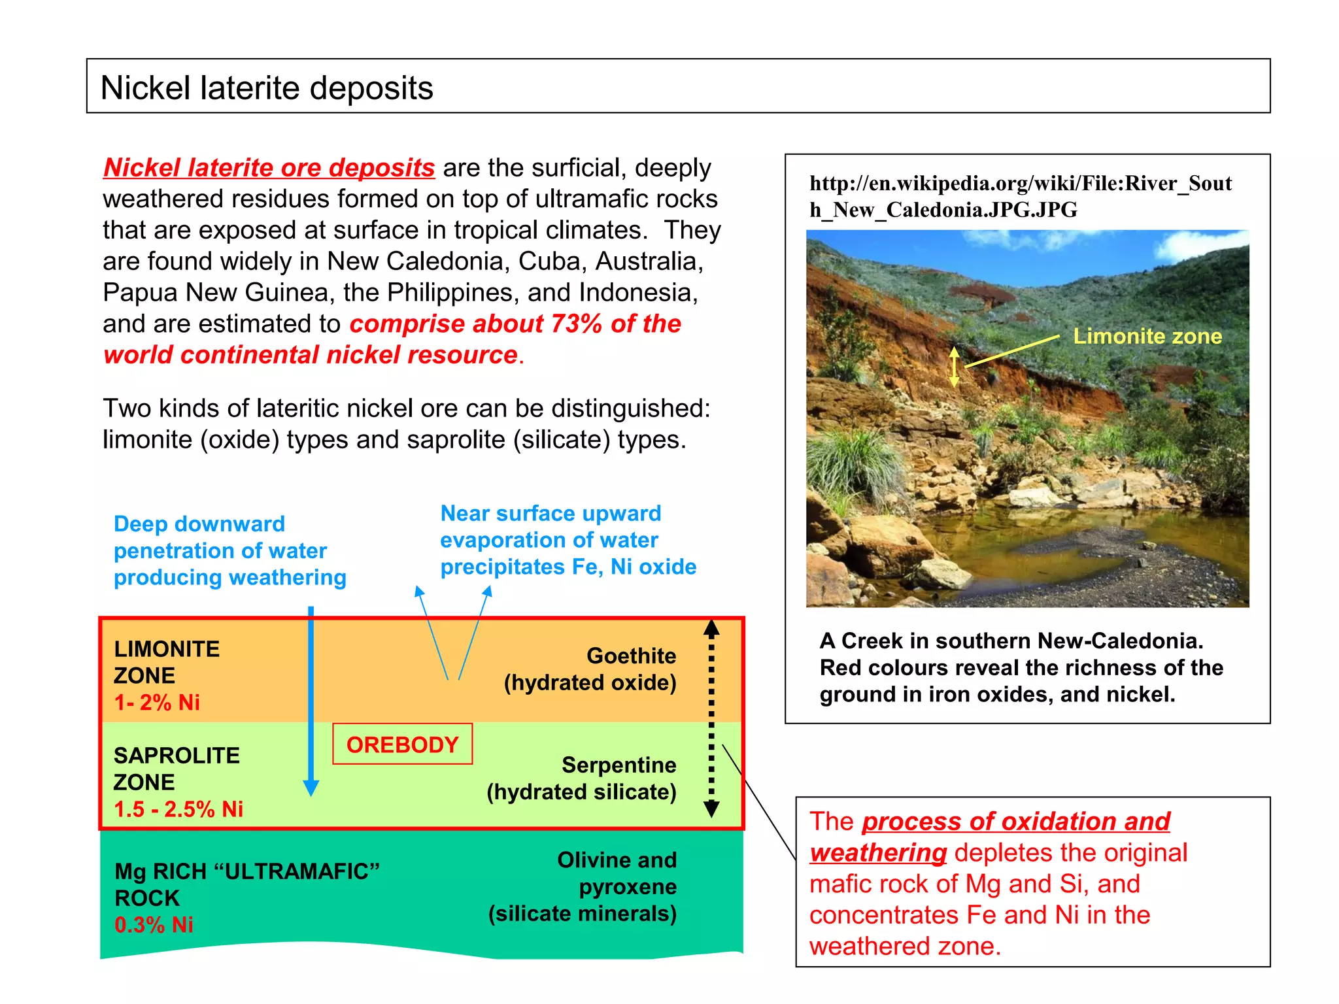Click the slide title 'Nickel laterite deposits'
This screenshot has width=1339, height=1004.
pos(267,88)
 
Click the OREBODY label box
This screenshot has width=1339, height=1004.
pos(402,745)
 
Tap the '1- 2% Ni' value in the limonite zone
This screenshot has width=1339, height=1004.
pos(157,703)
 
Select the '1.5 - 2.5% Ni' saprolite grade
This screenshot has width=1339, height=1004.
pos(178,809)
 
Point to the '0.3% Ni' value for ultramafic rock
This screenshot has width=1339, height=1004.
pos(154,925)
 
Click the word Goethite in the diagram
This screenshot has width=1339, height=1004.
pos(631,656)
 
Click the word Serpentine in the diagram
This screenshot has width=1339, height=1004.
pos(619,765)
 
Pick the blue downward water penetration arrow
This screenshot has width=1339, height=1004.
pos(311,699)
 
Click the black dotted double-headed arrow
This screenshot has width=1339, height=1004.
pos(711,719)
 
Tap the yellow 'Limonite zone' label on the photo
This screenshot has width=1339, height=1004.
pos(1147,336)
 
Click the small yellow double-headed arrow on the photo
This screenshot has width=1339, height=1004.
pos(955,367)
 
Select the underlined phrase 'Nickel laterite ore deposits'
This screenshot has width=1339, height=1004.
pos(269,168)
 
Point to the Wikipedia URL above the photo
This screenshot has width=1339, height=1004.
pos(1020,196)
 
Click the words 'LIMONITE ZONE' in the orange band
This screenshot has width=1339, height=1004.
pos(167,662)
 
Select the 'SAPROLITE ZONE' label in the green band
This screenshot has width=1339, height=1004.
pos(177,769)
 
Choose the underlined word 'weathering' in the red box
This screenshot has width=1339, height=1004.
pos(878,853)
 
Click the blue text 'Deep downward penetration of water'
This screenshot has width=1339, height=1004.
pos(220,537)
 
